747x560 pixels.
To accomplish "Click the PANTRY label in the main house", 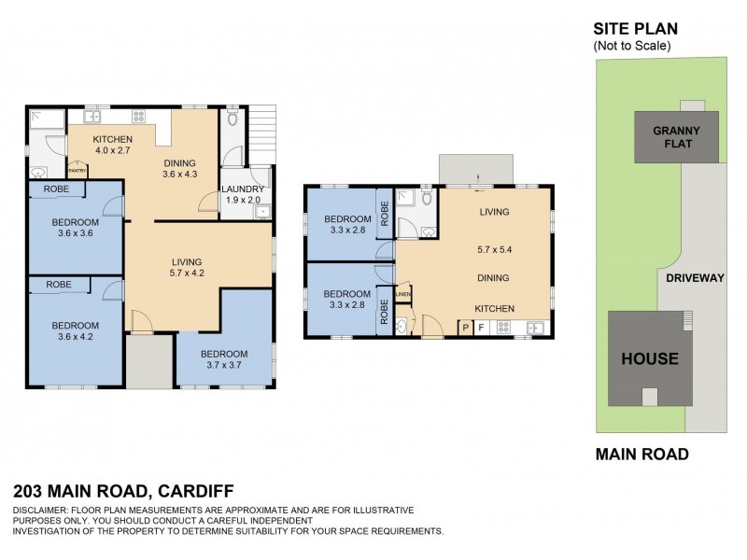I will pos(78,171).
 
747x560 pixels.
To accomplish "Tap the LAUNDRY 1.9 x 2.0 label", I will pos(243,193).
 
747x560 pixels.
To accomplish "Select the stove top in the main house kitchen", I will pos(139,118).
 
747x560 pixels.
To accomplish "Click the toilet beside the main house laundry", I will pos(233,119).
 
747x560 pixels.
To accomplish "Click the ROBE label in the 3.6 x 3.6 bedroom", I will pos(58,189).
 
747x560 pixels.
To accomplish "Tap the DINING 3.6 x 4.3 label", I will pos(179,168).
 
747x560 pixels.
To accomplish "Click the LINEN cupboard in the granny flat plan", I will pos(403,295).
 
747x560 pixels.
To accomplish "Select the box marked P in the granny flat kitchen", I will pos(465,328).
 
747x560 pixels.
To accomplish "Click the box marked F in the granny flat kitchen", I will pos(482,328).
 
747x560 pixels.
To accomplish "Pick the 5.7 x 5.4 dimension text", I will pos(494,250).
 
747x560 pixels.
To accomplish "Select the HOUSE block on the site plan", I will pos(650,358).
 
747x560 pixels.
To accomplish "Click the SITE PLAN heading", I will pos(635,29).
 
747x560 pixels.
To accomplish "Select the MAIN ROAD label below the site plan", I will pos(641,455).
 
